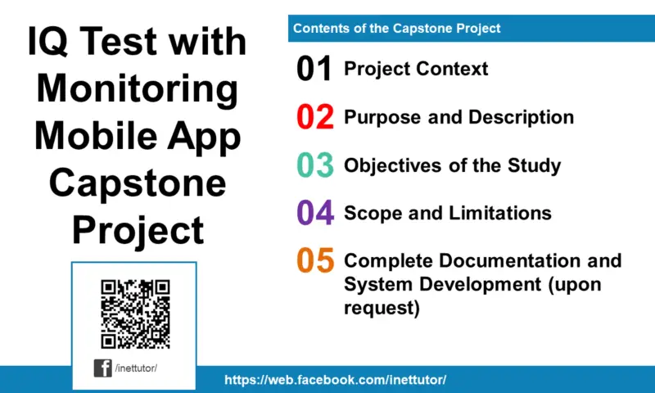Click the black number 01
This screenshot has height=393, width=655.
click(x=314, y=70)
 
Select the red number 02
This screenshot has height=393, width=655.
click(x=314, y=118)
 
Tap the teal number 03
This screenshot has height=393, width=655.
click(x=314, y=165)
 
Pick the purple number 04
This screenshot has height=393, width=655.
click(x=314, y=214)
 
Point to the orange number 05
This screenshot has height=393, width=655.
click(x=314, y=261)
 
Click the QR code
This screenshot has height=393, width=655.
click(x=135, y=314)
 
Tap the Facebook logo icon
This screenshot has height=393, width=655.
click(x=103, y=368)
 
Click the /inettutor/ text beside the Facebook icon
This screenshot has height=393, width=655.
click(x=136, y=368)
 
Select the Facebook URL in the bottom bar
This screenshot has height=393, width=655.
click(x=336, y=381)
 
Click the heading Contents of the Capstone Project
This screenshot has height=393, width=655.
click(x=397, y=29)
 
